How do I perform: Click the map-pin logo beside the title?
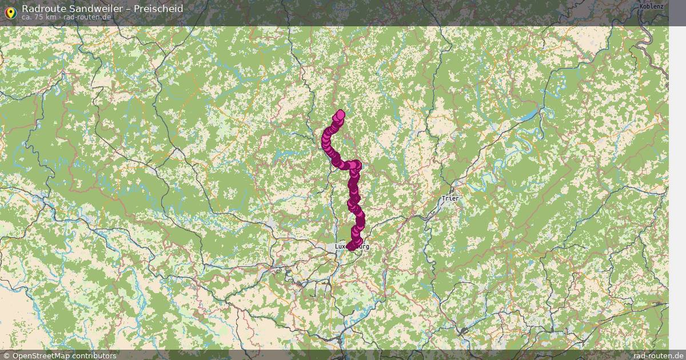[10, 11]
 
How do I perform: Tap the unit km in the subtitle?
[51, 17]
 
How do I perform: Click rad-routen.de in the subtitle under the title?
[87, 17]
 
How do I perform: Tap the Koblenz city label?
[652, 7]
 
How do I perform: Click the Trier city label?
[449, 199]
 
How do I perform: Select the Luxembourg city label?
[352, 246]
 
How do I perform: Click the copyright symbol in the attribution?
[6, 355]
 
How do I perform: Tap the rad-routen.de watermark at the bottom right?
[658, 355]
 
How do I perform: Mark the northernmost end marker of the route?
[341, 114]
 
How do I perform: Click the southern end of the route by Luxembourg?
[350, 246]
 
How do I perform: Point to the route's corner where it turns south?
[356, 165]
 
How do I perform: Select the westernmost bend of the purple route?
[325, 140]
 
